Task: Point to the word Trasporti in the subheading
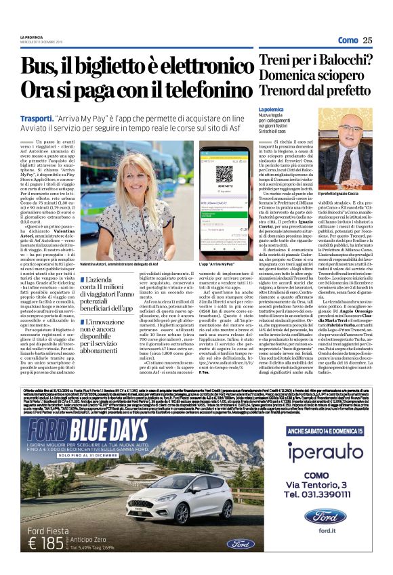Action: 34,117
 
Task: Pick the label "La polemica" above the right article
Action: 269,110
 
